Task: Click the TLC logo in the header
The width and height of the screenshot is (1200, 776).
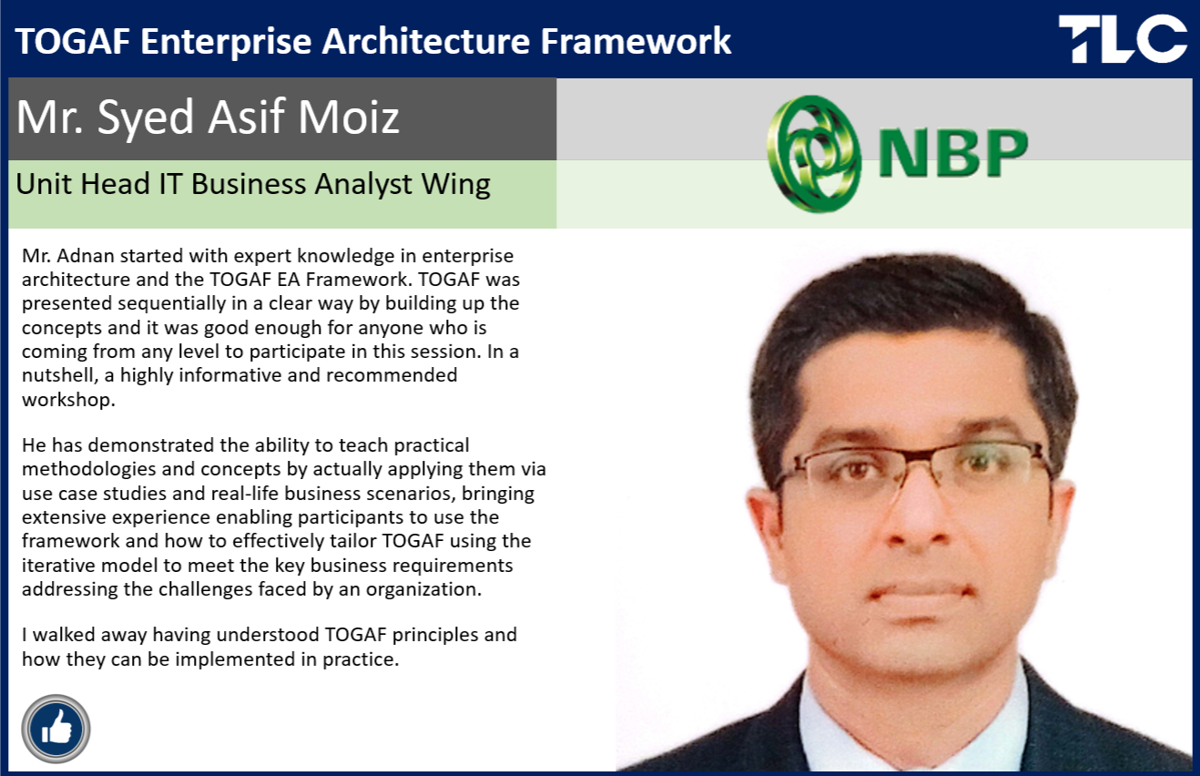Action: (x=1123, y=38)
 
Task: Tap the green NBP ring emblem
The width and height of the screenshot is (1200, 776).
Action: (x=814, y=154)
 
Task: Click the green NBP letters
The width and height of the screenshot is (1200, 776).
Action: (x=953, y=153)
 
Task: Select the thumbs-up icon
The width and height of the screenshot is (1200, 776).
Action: (x=56, y=729)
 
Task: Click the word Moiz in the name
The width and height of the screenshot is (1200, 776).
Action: (x=349, y=117)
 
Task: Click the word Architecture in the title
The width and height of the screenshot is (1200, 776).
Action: (x=426, y=41)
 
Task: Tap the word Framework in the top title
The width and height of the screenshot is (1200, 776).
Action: (x=636, y=41)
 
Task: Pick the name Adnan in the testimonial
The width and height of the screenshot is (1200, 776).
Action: (x=86, y=256)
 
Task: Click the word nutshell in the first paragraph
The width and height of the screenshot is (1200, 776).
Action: (x=60, y=375)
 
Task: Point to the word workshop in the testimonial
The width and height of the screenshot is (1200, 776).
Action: (x=68, y=399)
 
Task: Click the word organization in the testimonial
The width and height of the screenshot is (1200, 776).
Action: (x=423, y=589)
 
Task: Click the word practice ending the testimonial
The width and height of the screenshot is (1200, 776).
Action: (x=361, y=659)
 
